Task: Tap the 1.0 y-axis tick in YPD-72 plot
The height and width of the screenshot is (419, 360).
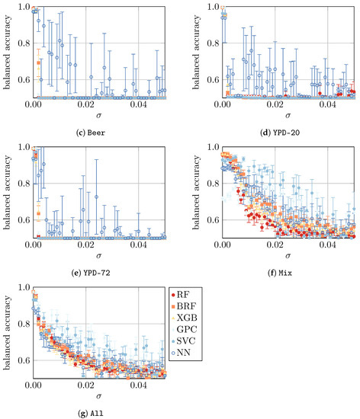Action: point(20,147)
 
